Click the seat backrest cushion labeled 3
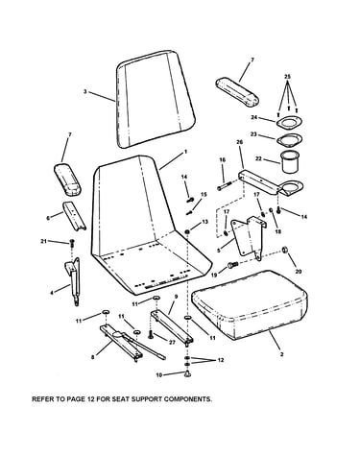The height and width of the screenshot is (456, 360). click(156, 99)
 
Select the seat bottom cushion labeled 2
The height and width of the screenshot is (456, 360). click(250, 304)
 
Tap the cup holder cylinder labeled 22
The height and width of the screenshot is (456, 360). click(289, 161)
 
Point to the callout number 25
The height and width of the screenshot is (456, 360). click(287, 77)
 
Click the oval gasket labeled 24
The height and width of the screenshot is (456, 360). click(289, 123)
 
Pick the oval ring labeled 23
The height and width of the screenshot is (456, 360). click(289, 140)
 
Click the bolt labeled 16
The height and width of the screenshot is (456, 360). click(225, 186)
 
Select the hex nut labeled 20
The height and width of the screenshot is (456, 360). click(284, 250)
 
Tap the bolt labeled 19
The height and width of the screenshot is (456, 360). click(233, 265)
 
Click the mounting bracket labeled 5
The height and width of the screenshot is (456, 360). click(248, 237)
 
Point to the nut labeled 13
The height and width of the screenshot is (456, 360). click(186, 231)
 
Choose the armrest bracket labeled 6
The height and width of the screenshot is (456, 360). click(74, 215)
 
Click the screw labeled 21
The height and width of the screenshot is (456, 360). click(72, 242)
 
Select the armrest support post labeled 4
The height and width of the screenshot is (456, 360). click(73, 280)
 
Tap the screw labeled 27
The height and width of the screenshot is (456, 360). click(151, 334)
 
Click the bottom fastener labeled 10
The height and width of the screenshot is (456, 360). click(187, 373)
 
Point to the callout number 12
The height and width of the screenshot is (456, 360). click(220, 360)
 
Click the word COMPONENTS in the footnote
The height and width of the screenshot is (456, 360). click(188, 399)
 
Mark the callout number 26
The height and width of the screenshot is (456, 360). click(239, 142)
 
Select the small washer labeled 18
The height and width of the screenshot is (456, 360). click(271, 210)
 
